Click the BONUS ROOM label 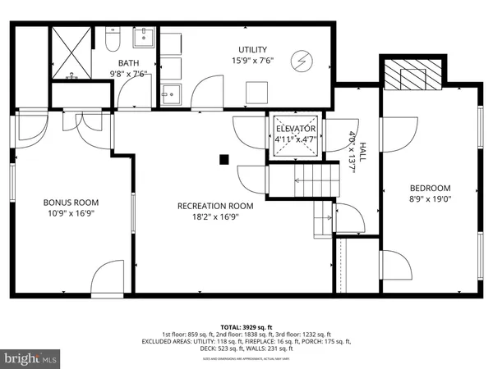tap(71, 202)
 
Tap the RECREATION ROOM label tap(213, 206)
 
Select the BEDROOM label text tap(431, 187)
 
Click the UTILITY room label tap(252, 50)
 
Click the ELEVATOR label tap(295, 130)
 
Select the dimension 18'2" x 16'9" tap(213, 216)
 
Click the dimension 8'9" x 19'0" tap(431, 198)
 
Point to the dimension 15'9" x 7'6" tap(252, 61)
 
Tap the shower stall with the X tap(71, 53)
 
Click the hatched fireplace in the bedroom tap(408, 74)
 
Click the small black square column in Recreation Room tap(223, 161)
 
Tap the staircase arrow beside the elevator tap(313, 183)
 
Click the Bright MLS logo tap(31, 358)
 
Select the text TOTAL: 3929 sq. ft tap(246, 326)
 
